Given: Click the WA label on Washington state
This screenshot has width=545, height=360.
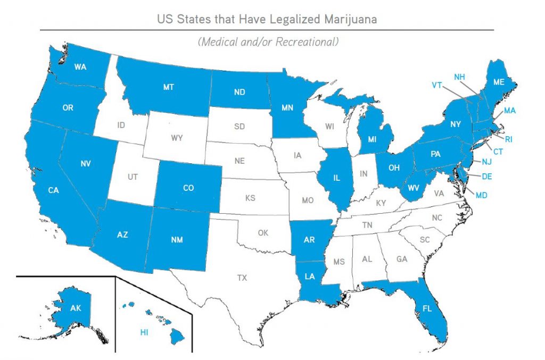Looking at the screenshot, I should (80, 67).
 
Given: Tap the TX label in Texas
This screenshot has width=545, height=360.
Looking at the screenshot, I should (242, 278).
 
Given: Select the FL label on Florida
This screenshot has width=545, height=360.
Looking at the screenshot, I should (427, 308).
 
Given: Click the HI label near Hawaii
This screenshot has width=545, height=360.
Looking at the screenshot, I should (144, 332).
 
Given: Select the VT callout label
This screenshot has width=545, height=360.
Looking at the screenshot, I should (437, 85).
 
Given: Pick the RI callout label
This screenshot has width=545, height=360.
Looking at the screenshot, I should (509, 139).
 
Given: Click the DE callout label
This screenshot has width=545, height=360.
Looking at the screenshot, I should (486, 177).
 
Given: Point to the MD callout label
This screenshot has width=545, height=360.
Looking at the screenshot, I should (481, 196).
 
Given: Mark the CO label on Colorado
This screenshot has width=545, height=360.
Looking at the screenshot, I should (188, 188).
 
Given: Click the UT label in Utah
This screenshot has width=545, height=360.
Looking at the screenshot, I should (133, 177).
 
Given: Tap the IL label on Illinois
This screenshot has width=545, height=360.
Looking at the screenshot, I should (336, 179).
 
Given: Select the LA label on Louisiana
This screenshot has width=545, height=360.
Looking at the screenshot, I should (310, 277).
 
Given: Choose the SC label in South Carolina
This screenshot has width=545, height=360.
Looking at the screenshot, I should (424, 240).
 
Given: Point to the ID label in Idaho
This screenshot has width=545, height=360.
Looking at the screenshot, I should (121, 125).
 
